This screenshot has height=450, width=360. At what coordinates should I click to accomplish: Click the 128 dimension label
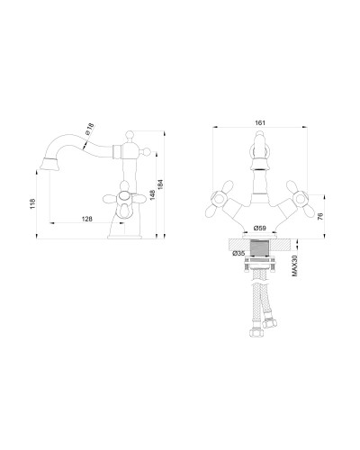click(x=87, y=219)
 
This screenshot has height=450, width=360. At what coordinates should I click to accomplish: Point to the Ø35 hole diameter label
click(x=238, y=253)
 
